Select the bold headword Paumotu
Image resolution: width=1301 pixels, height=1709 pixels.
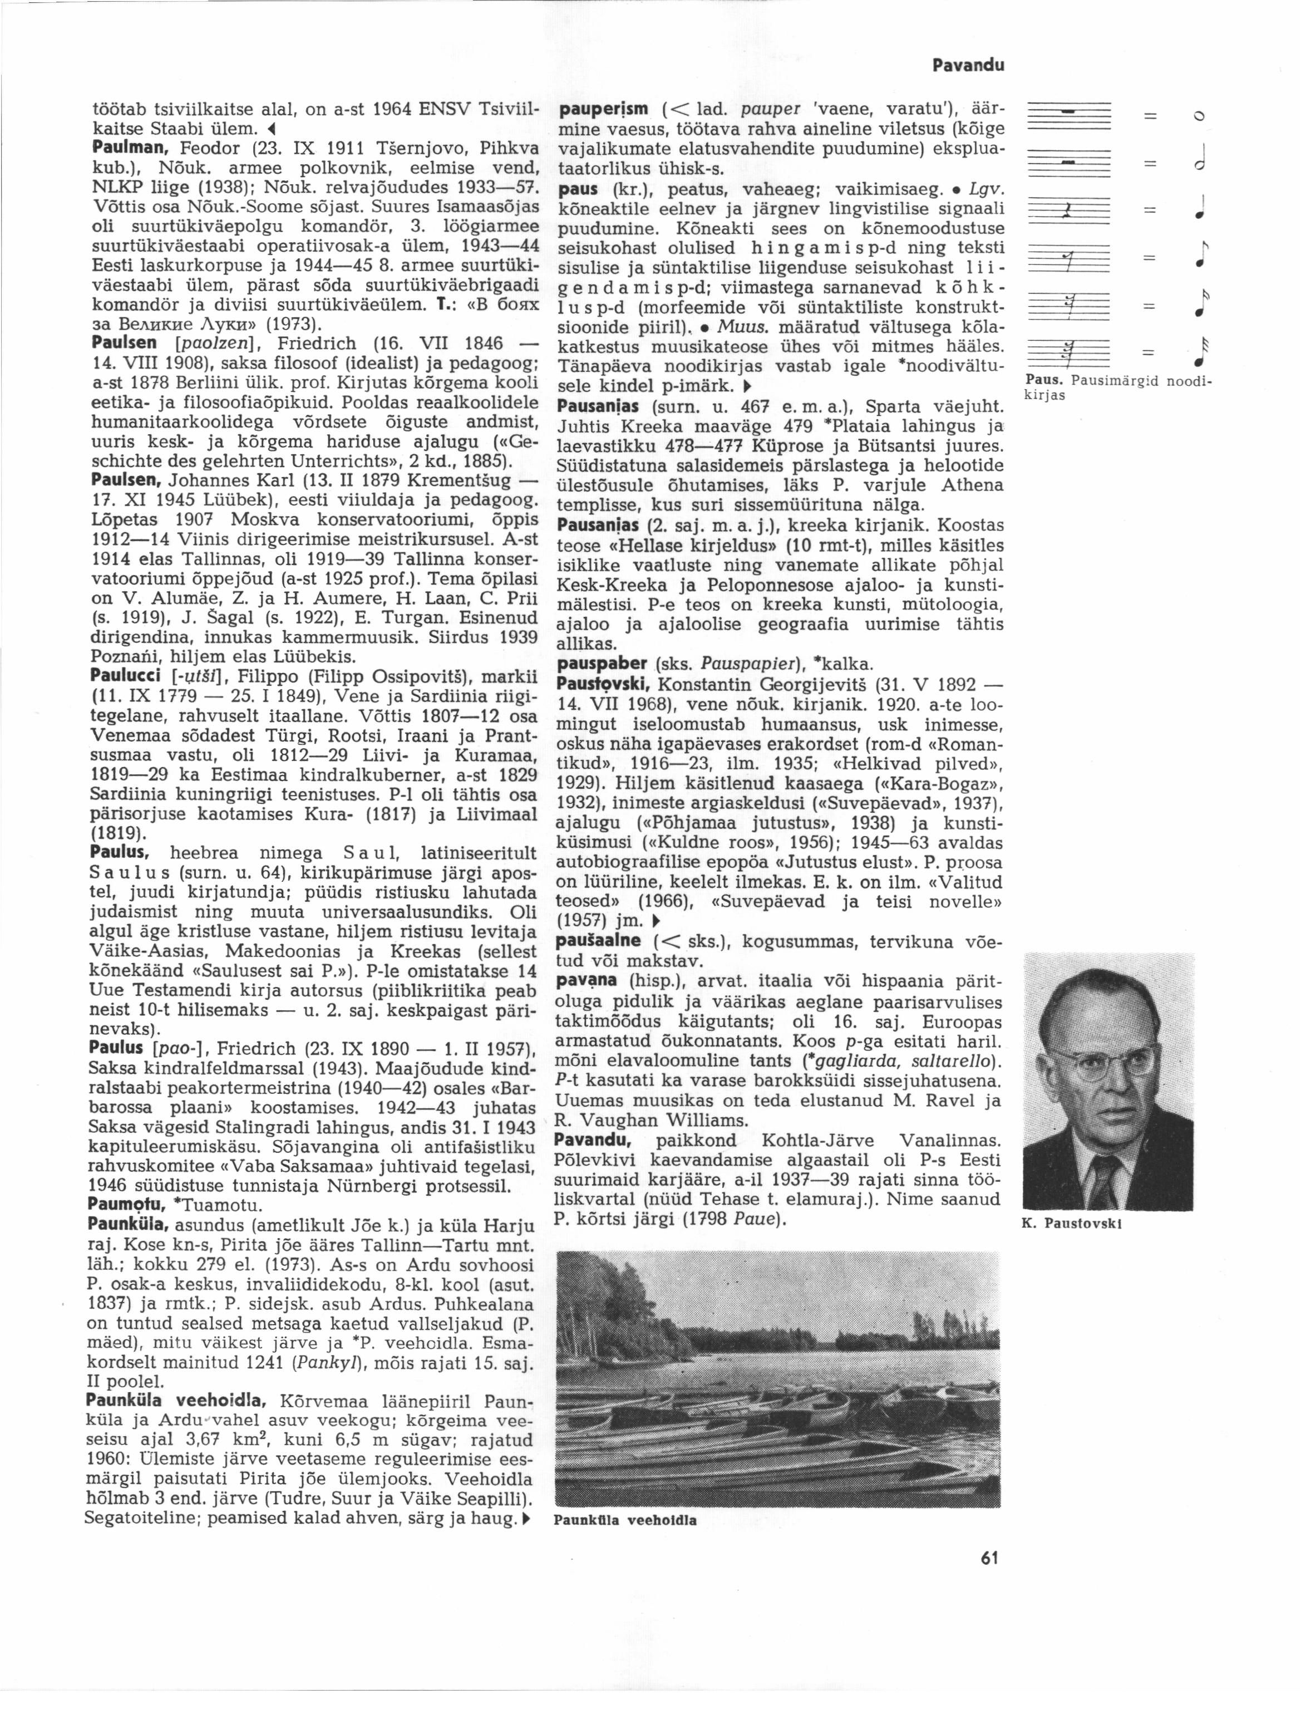[x=126, y=1206]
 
